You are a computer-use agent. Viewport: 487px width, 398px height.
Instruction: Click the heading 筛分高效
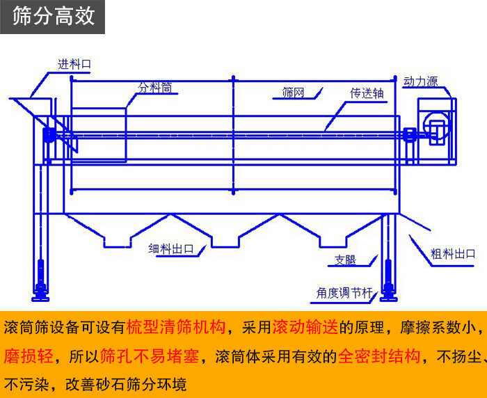click(53, 17)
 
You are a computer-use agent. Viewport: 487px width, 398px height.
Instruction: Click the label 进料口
click(74, 64)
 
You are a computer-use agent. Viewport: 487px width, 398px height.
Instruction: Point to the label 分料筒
click(154, 88)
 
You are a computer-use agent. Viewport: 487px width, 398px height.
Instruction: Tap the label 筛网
click(293, 93)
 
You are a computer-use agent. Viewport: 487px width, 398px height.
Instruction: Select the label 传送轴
click(367, 93)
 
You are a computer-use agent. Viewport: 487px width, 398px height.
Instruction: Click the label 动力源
click(420, 81)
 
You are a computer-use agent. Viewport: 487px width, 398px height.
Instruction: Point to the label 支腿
click(345, 261)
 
